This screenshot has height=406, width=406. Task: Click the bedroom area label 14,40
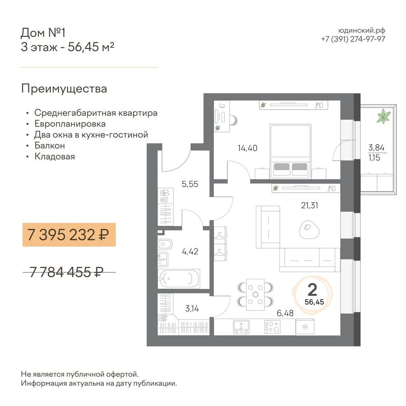point(247,148)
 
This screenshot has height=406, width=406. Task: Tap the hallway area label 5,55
point(190,184)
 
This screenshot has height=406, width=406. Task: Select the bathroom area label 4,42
point(190,251)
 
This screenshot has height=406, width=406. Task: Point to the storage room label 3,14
point(192,309)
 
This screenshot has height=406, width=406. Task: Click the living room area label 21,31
point(309,206)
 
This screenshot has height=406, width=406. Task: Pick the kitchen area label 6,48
point(285,314)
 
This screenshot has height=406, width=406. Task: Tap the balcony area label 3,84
point(376,148)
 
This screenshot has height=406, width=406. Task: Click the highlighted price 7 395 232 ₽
point(68,235)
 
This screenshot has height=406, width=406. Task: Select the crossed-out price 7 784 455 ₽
point(66,272)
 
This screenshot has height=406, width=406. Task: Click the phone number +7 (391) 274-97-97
point(353,39)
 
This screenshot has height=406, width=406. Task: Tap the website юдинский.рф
point(362,31)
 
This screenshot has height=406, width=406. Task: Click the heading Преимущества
point(64,89)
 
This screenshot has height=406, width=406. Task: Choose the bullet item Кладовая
point(55,157)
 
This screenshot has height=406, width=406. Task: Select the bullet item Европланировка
point(70,124)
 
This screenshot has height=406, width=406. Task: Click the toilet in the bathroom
point(165,244)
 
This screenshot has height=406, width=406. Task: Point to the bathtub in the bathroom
point(179,279)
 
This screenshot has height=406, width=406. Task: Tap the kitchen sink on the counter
point(241,327)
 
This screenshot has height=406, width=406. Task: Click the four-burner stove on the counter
point(272,327)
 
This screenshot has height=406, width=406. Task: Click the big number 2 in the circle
point(312,290)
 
